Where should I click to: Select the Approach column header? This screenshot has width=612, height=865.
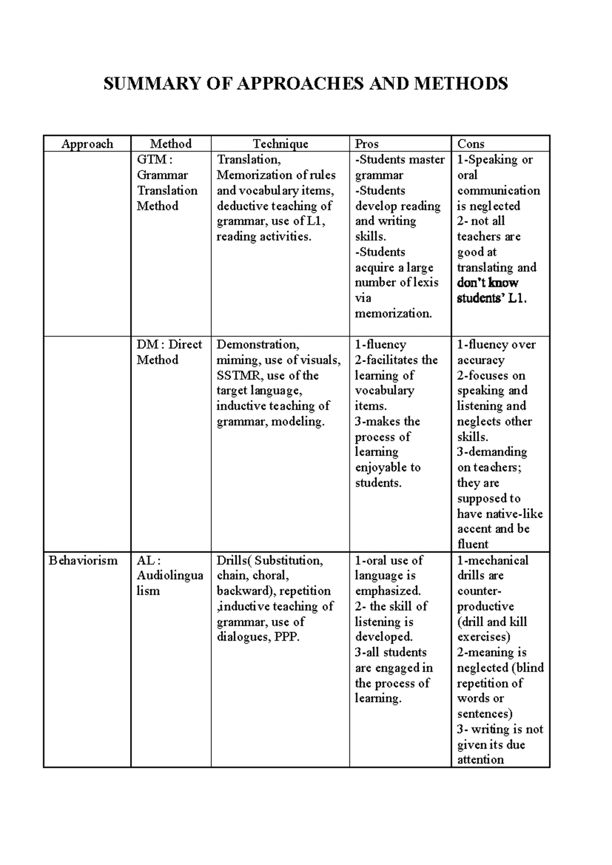point(87,144)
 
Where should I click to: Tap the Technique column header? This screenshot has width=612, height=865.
point(280,144)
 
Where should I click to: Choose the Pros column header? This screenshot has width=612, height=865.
point(367,144)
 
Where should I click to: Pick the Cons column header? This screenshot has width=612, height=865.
point(471,144)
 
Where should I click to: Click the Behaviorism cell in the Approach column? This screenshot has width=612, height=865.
point(83,561)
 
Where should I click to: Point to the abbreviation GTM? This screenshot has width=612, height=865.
point(151,160)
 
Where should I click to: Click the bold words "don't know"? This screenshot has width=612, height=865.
point(488,283)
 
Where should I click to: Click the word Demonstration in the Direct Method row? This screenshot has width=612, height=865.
point(258,345)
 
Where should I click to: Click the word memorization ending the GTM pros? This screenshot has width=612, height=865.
point(393,314)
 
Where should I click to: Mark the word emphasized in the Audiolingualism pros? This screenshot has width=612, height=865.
point(388,591)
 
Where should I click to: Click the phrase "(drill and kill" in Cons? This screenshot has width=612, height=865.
point(492,622)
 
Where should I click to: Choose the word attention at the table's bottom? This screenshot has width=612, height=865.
point(480,760)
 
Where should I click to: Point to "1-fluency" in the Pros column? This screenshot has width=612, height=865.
point(380,345)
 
